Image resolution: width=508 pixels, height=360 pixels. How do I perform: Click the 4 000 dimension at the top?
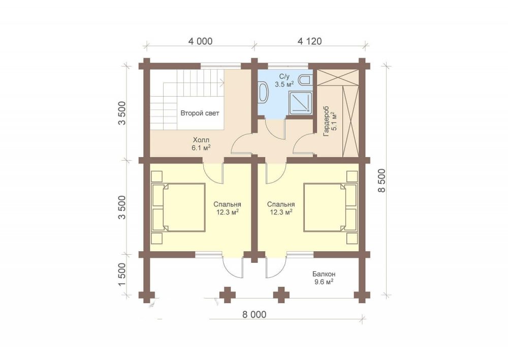pyautogui.click(x=200, y=41)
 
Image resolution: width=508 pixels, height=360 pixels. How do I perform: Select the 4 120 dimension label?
pyautogui.click(x=309, y=41)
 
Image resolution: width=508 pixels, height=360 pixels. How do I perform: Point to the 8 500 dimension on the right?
pyautogui.click(x=383, y=181)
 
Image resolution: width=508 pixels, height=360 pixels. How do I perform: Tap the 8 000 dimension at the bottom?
pyautogui.click(x=254, y=314)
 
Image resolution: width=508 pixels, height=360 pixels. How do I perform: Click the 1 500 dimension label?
pyautogui.click(x=121, y=275)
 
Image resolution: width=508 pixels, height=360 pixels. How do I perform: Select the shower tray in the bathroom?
pyautogui.click(x=301, y=103)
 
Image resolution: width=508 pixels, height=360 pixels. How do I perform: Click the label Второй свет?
pyautogui.click(x=200, y=113)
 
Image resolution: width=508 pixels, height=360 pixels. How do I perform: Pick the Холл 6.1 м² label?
pyautogui.click(x=201, y=144)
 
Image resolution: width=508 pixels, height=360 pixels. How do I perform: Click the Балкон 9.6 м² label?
pyautogui.click(x=324, y=278)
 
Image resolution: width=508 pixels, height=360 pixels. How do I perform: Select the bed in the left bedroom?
pyautogui.click(x=178, y=207)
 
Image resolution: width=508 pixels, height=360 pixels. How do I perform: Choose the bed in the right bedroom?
pyautogui.click(x=331, y=207)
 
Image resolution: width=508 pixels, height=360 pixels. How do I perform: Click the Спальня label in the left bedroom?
pyautogui.click(x=227, y=204)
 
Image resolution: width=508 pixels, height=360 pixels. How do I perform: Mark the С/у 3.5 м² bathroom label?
pyautogui.click(x=284, y=80)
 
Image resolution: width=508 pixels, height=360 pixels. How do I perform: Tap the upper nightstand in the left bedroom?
pyautogui.click(x=157, y=176)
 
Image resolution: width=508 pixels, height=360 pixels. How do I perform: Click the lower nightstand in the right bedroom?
pyautogui.click(x=352, y=238)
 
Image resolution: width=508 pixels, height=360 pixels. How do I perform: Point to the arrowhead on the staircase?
pyautogui.click(x=222, y=83)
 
